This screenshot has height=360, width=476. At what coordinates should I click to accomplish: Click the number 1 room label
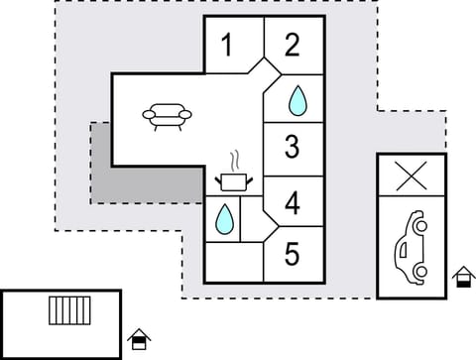(x=228, y=46)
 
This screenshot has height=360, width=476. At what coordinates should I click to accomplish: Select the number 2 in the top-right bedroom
(x=292, y=46)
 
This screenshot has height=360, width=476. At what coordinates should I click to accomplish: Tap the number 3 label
(x=292, y=148)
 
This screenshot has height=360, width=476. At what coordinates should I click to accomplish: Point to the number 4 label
(x=292, y=204)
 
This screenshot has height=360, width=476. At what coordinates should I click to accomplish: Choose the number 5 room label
(x=292, y=254)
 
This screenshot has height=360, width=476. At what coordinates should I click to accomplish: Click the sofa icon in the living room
(x=168, y=117)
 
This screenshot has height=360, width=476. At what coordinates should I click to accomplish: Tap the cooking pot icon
(x=235, y=181)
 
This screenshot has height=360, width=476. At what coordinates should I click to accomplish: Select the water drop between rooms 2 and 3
(x=296, y=99)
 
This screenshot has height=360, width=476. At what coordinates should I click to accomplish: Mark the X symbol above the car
(x=411, y=177)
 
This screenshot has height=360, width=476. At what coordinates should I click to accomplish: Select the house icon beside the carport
(x=463, y=278)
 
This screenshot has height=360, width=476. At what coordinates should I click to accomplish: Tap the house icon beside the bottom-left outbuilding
(x=140, y=340)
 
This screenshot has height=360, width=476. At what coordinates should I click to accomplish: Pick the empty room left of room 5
(x=234, y=262)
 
